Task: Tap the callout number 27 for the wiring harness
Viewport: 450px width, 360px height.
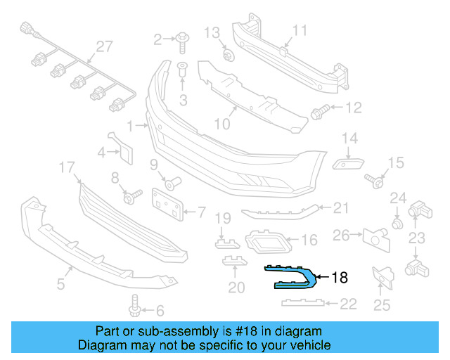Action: pyautogui.click(x=104, y=46)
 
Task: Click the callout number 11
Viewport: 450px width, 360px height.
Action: pyautogui.click(x=300, y=30)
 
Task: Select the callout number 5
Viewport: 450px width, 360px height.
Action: pyautogui.click(x=61, y=285)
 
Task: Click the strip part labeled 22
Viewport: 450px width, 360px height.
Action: pyautogui.click(x=303, y=303)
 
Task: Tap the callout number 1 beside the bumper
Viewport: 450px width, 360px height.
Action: pyautogui.click(x=131, y=127)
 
